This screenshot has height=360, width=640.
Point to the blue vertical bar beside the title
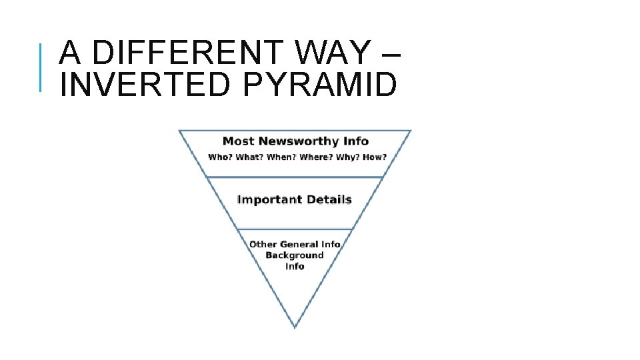tap(41, 67)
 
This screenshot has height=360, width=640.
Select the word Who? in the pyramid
tap(219, 157)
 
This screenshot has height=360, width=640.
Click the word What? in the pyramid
tap(249, 157)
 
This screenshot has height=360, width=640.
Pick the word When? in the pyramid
tap(280, 157)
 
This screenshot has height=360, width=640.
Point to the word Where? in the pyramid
tap(313, 157)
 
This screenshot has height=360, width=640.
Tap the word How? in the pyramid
tap(373, 157)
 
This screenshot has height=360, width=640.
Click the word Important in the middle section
tap(265, 199)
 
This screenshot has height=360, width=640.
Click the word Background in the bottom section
tap(295, 255)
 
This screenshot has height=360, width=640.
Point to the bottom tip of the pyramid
tap(295, 327)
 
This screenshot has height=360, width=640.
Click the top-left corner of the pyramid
tap(179, 131)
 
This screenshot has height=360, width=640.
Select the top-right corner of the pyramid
tap(411, 131)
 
